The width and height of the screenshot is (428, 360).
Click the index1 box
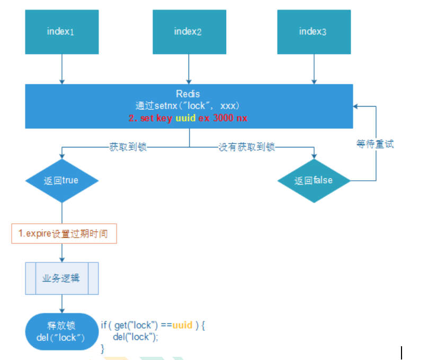62,31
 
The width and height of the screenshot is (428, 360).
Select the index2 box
188,31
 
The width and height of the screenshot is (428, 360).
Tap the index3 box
313,31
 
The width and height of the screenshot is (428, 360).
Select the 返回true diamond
62,180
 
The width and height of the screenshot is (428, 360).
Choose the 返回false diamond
314,180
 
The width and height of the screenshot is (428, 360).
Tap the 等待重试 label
376,144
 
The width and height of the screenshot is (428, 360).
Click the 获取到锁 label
127,147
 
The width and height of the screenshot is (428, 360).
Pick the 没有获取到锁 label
247,147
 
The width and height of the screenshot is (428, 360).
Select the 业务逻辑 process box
62,278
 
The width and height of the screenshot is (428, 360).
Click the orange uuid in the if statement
182,325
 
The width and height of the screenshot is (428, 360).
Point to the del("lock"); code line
136,337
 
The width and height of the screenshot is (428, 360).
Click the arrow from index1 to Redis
62,69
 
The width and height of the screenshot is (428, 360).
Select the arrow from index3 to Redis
313,69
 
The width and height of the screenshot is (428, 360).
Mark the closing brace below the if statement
103,348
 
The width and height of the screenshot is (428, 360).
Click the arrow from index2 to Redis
188,69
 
